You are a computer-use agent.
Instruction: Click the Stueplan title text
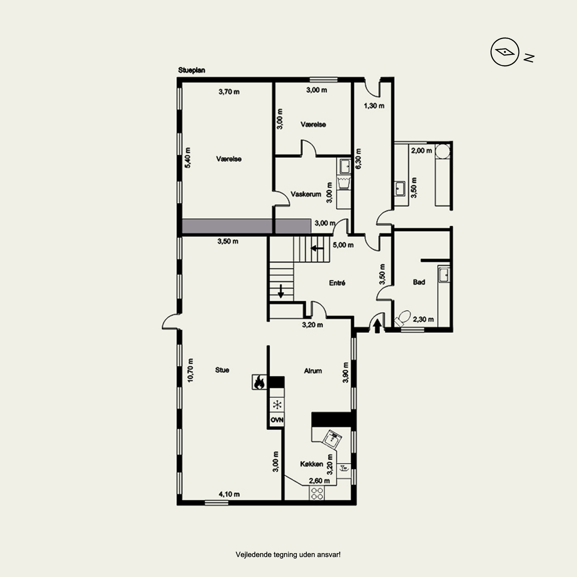[191, 70]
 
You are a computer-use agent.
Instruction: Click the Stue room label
[222, 370]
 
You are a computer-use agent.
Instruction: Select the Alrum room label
[313, 371]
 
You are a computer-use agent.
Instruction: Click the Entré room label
[337, 283]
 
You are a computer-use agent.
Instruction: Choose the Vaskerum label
[306, 194]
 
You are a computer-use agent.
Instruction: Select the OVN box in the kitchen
[277, 420]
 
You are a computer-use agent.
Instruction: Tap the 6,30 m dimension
[358, 159]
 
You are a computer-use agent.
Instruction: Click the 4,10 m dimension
[229, 494]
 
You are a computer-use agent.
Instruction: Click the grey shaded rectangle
[246, 226]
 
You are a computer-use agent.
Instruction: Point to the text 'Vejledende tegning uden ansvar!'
[288, 555]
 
